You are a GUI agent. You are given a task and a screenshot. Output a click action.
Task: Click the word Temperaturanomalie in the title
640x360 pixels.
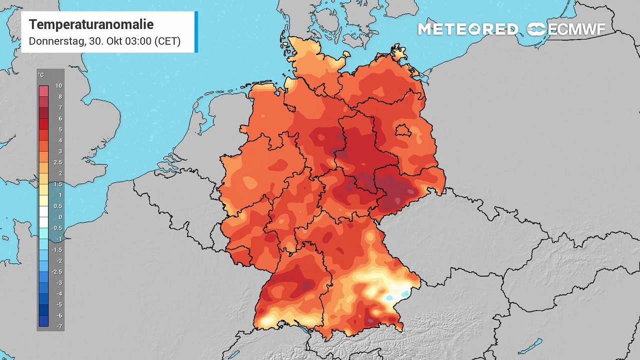click(91, 24)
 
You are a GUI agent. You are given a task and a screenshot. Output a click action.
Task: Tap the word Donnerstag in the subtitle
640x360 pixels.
click(55, 41)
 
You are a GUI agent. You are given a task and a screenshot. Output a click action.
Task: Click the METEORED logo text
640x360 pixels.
click(468, 29)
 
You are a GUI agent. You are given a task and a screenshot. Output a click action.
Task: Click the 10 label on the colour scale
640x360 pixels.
click(58, 86)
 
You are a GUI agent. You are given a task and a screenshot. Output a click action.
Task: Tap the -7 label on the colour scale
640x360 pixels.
click(58, 326)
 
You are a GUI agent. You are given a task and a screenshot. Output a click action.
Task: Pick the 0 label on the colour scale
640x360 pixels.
click(59, 217)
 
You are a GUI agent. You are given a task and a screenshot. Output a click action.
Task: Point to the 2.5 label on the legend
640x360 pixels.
click(58, 162)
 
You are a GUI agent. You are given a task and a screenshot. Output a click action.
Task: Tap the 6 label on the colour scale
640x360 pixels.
click(59, 118)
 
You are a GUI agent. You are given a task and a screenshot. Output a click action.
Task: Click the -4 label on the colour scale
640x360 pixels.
click(58, 293)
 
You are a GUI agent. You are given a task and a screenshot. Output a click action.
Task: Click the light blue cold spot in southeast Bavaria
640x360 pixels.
click(389, 297)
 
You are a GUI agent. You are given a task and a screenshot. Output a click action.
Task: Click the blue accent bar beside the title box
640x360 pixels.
click(196, 32)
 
